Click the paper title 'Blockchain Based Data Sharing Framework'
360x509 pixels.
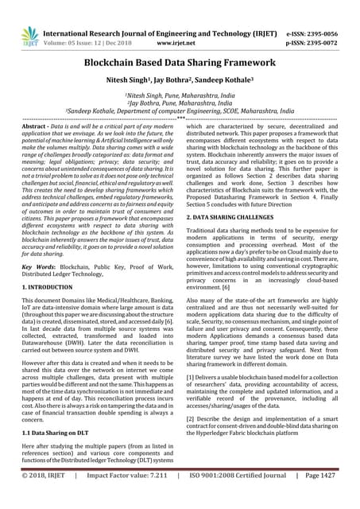[180, 63]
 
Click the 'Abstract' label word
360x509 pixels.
[35, 126]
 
